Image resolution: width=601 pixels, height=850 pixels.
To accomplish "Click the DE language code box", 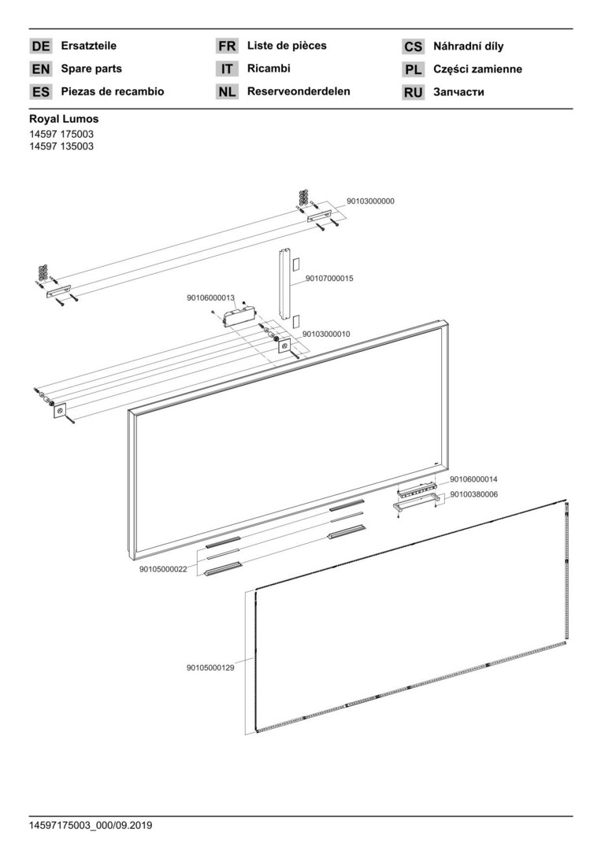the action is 41,46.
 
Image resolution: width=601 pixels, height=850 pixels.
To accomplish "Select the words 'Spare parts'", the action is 91,68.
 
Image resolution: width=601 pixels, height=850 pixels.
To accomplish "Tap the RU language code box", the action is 413,93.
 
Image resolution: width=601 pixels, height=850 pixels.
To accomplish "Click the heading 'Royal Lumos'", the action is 64,119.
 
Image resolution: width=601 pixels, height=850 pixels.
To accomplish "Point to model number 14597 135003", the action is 61,146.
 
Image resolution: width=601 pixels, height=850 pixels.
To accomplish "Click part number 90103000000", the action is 370,201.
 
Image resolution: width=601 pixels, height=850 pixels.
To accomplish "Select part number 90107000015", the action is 329,279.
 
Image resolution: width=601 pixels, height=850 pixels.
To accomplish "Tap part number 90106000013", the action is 210,297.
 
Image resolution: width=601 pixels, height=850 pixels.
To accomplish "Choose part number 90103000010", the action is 326,334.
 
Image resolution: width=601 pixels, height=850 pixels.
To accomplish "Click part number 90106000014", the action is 473,479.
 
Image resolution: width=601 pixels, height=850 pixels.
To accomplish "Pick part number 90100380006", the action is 473,494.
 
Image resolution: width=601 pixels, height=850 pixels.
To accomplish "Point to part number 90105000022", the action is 163,569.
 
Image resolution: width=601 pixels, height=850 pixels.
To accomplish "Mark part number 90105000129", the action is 210,668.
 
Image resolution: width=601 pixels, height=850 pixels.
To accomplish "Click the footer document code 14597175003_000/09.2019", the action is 91,826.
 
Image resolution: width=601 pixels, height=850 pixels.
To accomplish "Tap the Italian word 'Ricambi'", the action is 269,68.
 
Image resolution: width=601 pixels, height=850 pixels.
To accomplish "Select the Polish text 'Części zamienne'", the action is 477,68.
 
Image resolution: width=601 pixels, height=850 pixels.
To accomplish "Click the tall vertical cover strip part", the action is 285,283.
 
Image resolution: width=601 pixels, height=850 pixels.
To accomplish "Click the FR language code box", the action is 227,46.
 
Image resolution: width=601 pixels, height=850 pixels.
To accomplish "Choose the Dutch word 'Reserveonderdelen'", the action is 299,91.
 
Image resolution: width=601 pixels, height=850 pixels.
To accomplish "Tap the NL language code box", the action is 227,92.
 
